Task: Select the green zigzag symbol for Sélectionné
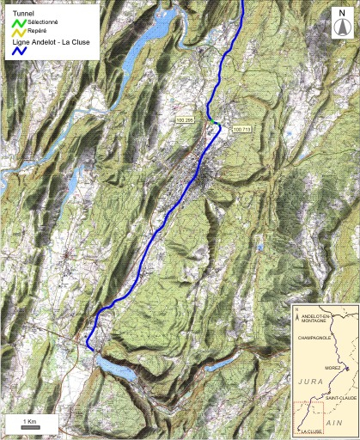tap(19, 22)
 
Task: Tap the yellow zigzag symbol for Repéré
tap(19, 33)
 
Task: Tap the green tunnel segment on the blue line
tap(216, 125)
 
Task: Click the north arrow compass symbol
tap(342, 27)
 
